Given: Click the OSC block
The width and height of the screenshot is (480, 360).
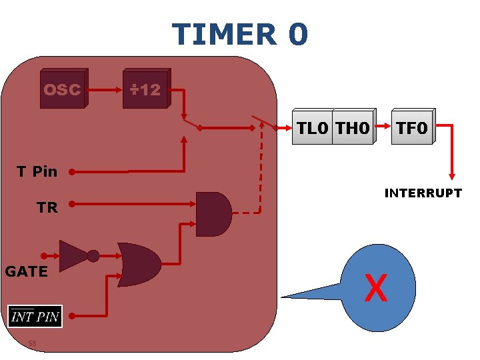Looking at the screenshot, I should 62,89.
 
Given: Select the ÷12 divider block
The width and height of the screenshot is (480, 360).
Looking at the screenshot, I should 145,89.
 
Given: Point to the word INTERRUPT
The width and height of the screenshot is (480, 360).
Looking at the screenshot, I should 423,193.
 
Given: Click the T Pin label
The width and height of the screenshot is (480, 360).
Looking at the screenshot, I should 37,171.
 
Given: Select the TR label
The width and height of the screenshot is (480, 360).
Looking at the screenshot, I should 47,207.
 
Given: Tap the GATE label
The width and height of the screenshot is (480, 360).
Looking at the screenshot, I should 26,271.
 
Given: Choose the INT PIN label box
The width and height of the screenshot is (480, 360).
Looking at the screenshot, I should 35,316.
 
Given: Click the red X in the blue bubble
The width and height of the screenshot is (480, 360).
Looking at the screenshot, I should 376,288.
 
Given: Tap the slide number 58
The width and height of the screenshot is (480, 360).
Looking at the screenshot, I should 32,344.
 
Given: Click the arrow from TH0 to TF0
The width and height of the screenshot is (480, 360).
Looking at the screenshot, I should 383,125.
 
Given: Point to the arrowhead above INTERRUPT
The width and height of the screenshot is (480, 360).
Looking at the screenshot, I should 451,175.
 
